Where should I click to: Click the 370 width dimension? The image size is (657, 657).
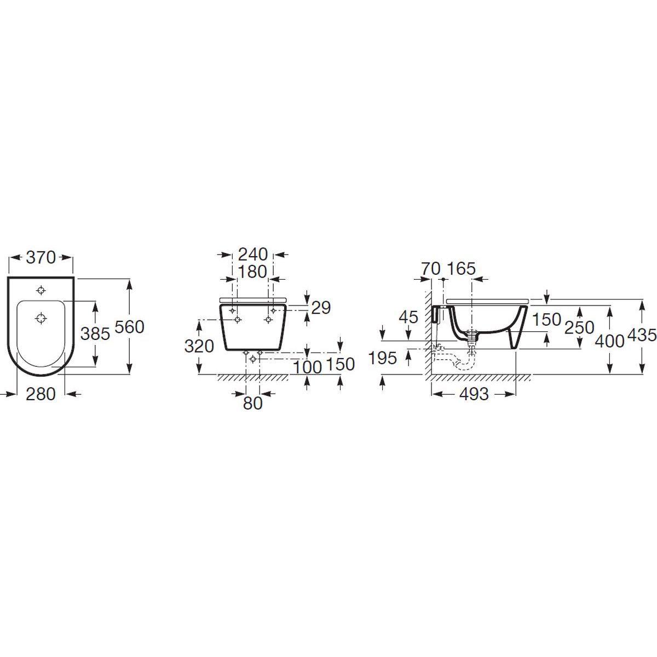point(41,257)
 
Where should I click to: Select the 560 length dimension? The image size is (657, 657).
point(129,327)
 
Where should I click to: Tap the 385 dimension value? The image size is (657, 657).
point(95,334)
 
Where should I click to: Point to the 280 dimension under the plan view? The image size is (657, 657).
point(41,394)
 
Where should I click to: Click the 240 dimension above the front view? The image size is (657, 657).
point(252,255)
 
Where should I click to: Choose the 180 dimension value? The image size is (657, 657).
point(252,272)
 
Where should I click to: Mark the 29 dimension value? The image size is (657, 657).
point(321,308)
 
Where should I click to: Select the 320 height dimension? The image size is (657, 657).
point(199,347)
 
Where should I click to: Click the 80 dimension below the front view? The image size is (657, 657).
point(252,404)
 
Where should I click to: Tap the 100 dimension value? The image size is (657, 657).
point(308,367)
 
